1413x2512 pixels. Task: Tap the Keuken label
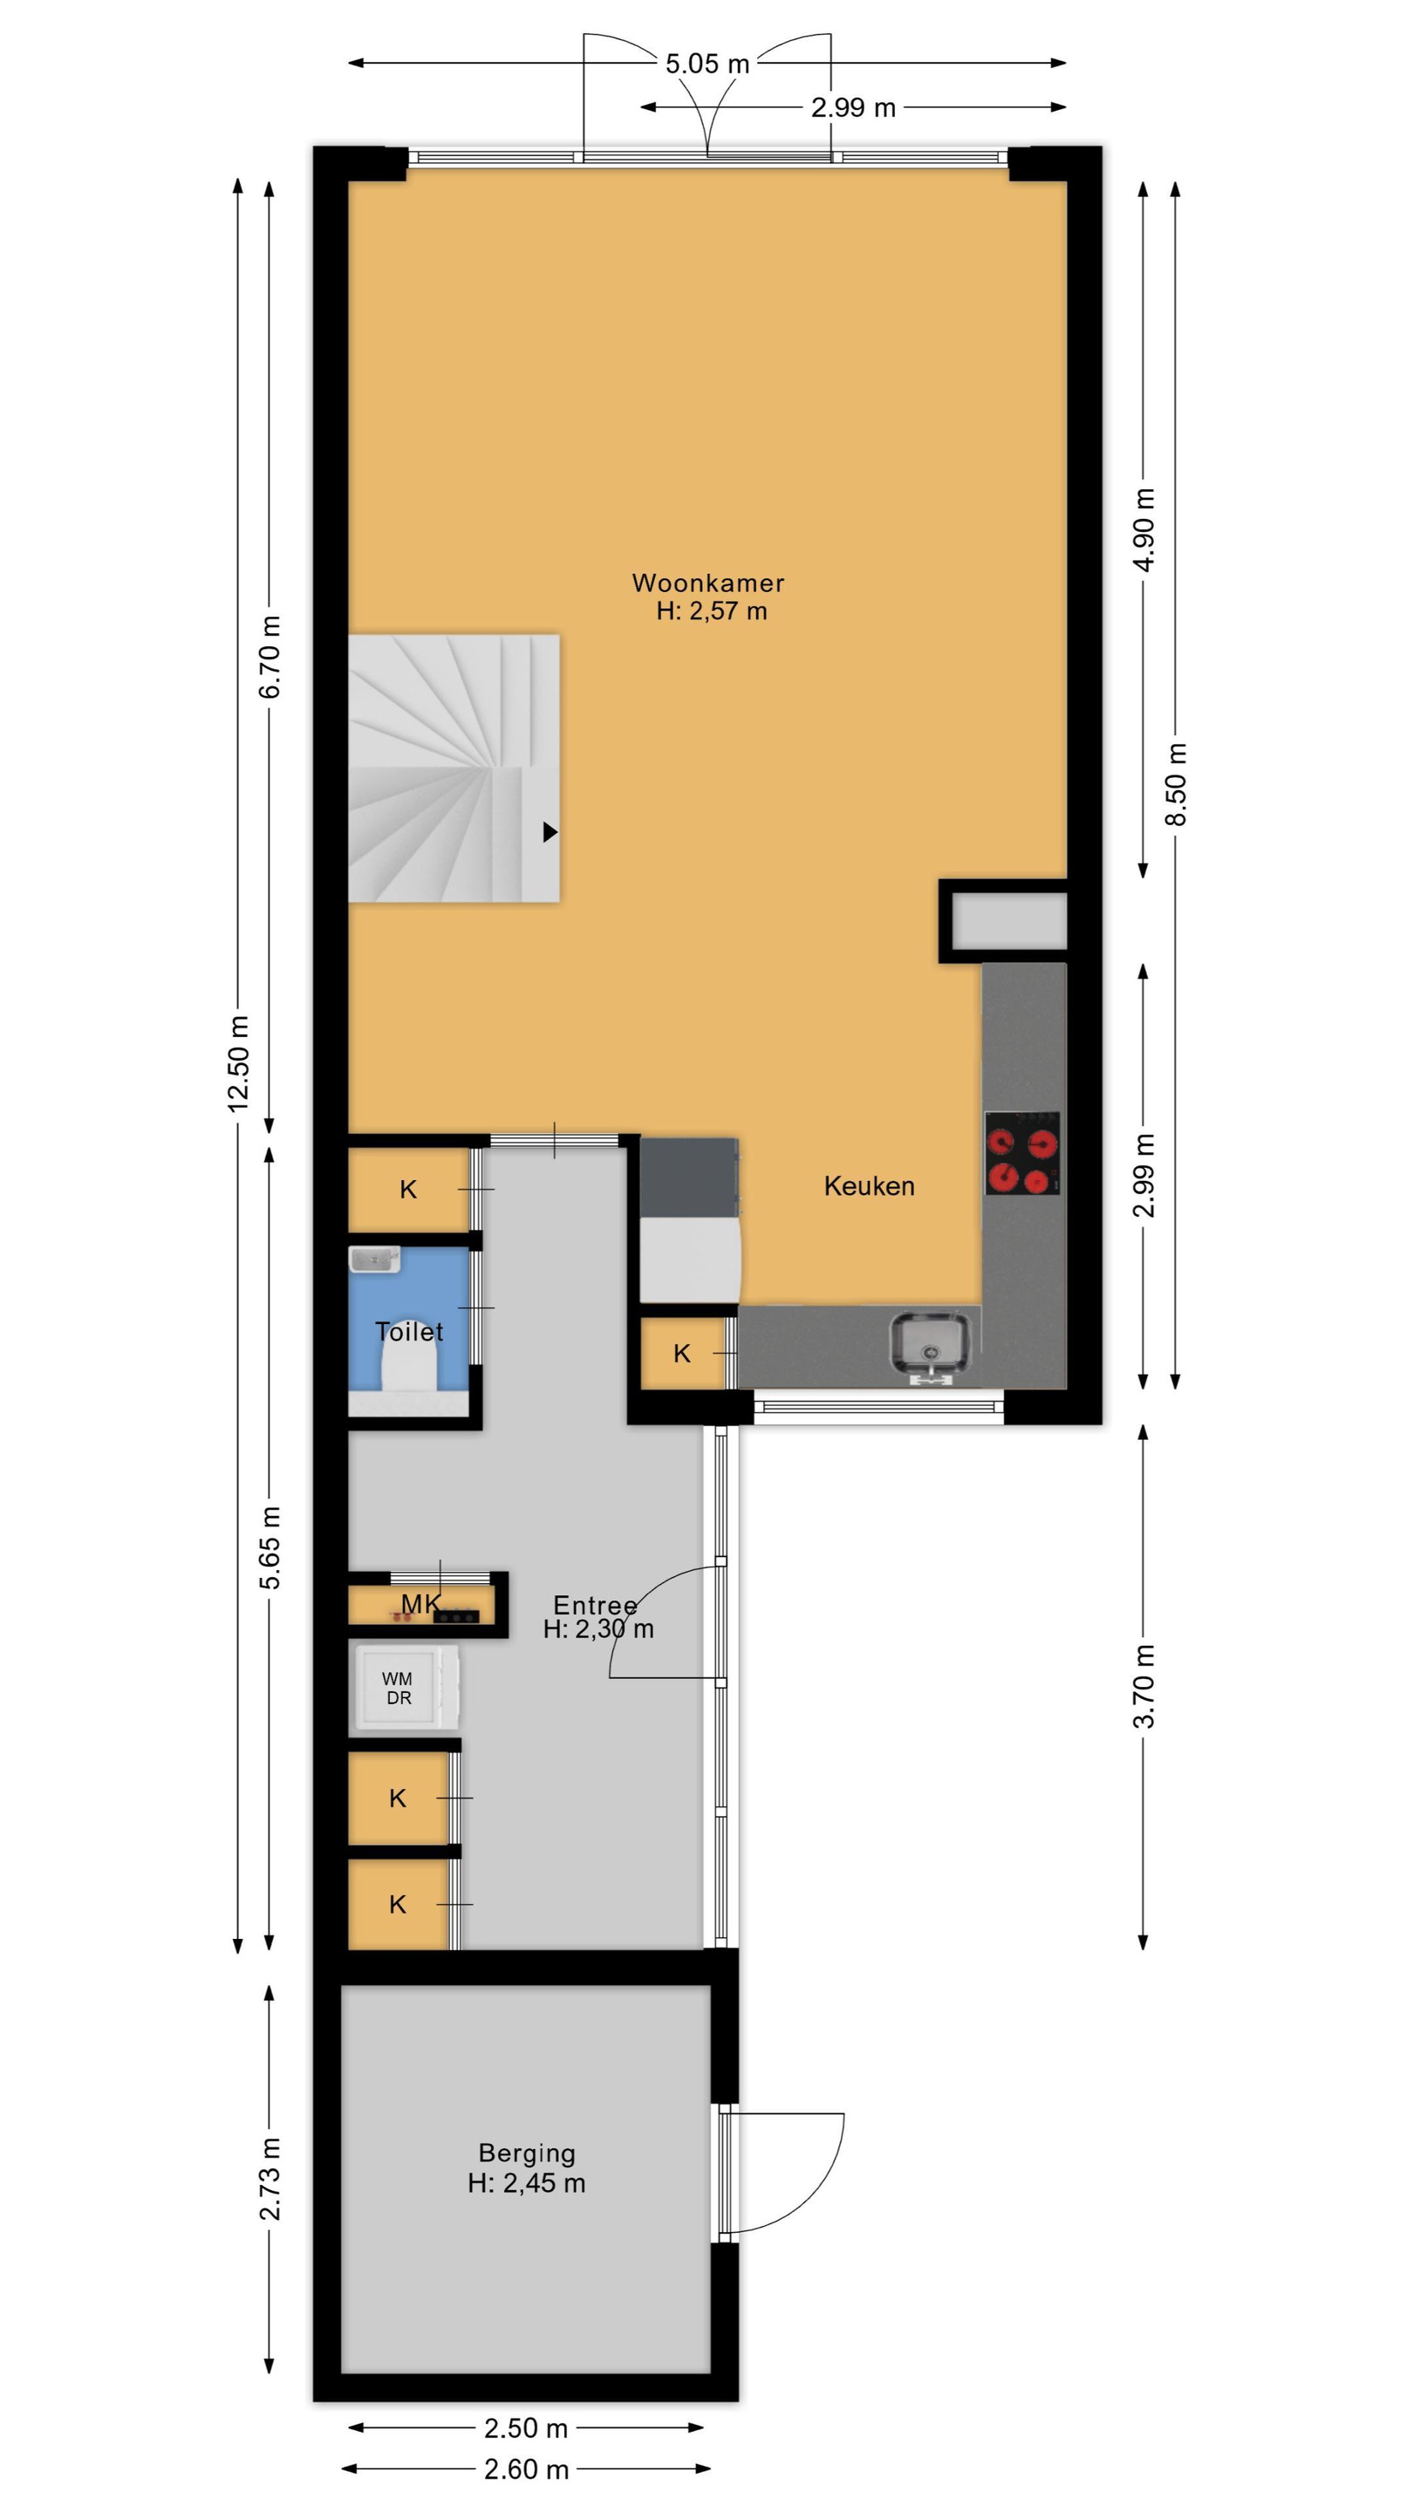click(x=869, y=1186)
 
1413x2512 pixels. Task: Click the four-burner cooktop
click(x=1022, y=1152)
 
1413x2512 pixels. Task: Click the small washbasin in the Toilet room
click(x=374, y=1259)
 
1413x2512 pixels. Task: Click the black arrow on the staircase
click(x=550, y=832)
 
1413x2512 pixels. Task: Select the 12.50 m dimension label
click(x=238, y=1063)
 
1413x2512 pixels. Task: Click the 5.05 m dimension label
click(x=707, y=64)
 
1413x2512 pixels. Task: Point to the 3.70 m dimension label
click(x=1143, y=1686)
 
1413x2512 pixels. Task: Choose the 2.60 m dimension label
click(x=526, y=2469)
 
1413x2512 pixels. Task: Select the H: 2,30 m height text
click(x=598, y=1628)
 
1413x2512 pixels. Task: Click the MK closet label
click(x=420, y=1603)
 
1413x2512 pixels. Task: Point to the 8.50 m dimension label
click(x=1177, y=784)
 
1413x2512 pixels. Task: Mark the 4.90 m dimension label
click(x=1145, y=529)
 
